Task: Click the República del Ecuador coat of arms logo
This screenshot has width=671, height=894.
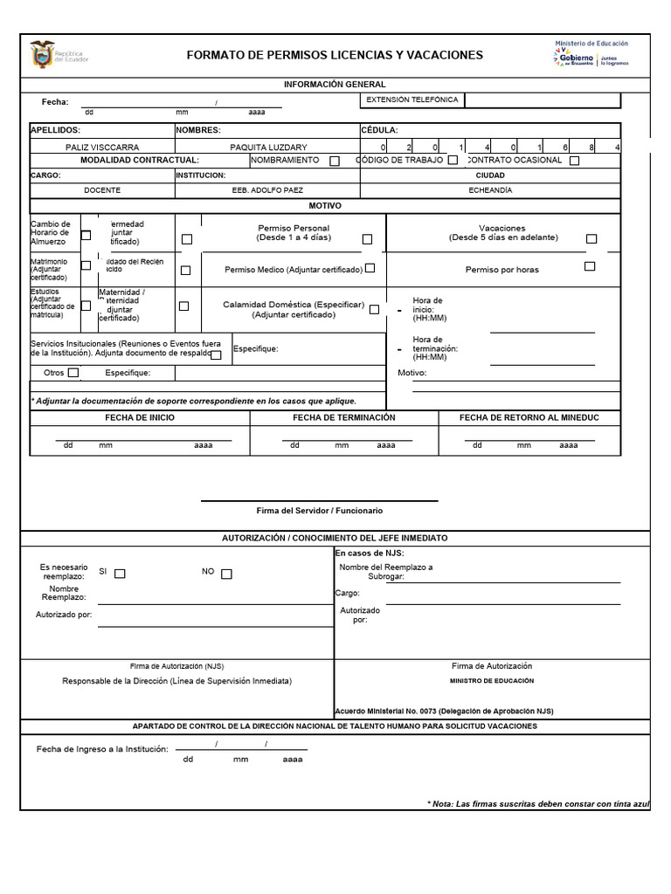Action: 41,55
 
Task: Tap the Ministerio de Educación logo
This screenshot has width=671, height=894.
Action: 591,54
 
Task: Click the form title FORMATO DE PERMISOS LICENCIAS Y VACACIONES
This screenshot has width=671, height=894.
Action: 335,55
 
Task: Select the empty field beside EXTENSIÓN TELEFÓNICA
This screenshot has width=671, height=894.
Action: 542,100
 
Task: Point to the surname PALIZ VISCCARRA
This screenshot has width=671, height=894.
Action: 102,148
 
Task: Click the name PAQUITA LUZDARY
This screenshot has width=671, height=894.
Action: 268,148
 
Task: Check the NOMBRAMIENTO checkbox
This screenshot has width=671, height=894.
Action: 335,161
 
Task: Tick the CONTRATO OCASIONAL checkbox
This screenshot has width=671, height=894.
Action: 574,161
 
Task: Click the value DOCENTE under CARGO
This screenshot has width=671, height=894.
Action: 102,189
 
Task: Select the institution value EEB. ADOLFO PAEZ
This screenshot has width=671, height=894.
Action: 268,189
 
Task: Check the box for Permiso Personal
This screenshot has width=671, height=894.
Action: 367,239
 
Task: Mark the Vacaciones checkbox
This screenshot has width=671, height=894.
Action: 591,238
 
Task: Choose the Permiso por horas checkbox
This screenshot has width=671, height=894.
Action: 590,266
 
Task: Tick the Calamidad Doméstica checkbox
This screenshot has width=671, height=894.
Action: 374,309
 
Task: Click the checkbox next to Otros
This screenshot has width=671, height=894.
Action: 73,373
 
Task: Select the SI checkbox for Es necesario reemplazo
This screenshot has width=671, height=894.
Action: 121,574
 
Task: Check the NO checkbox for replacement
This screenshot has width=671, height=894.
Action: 226,574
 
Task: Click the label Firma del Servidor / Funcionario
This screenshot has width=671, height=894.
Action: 320,511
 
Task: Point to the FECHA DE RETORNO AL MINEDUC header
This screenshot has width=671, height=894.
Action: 529,418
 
